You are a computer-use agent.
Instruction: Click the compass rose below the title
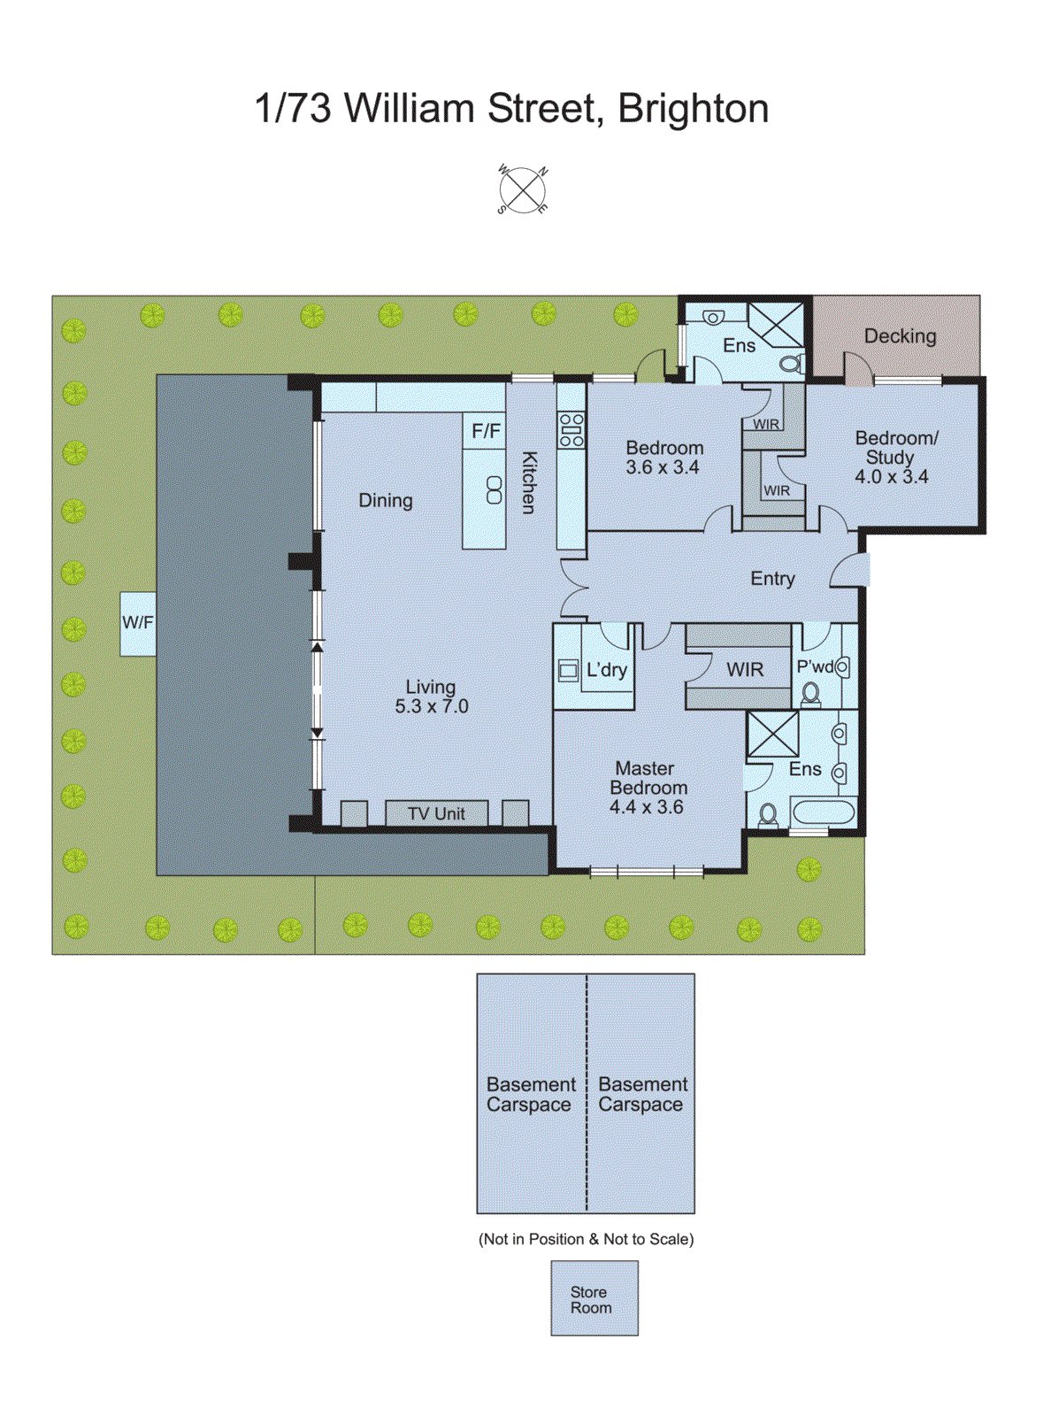pyautogui.click(x=523, y=190)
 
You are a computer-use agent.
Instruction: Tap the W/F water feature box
pyautogui.click(x=138, y=623)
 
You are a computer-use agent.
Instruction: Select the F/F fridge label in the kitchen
pyautogui.click(x=486, y=431)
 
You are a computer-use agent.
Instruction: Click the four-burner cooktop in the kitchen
pyautogui.click(x=571, y=429)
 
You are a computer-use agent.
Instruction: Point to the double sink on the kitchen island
pyautogui.click(x=494, y=490)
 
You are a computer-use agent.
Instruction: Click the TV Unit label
pyautogui.click(x=436, y=814)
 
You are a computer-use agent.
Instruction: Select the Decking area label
pyautogui.click(x=900, y=336)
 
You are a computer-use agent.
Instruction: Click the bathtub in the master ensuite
pyautogui.click(x=823, y=812)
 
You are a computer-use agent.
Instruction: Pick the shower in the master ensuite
pyautogui.click(x=772, y=734)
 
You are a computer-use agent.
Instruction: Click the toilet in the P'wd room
pyautogui.click(x=810, y=694)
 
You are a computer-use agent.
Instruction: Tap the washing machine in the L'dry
pyautogui.click(x=568, y=671)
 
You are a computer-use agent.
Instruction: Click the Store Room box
pyautogui.click(x=594, y=1298)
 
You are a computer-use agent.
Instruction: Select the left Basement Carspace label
pyautogui.click(x=530, y=1095)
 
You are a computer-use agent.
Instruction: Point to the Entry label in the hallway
pyautogui.click(x=772, y=579)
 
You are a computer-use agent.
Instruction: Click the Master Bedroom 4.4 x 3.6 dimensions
pyautogui.click(x=646, y=807)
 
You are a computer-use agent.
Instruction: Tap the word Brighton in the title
pyautogui.click(x=693, y=109)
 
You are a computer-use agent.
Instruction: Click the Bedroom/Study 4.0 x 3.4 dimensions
pyautogui.click(x=891, y=477)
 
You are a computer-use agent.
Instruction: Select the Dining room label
pyautogui.click(x=385, y=501)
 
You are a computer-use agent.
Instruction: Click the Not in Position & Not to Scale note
pyautogui.click(x=586, y=1239)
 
